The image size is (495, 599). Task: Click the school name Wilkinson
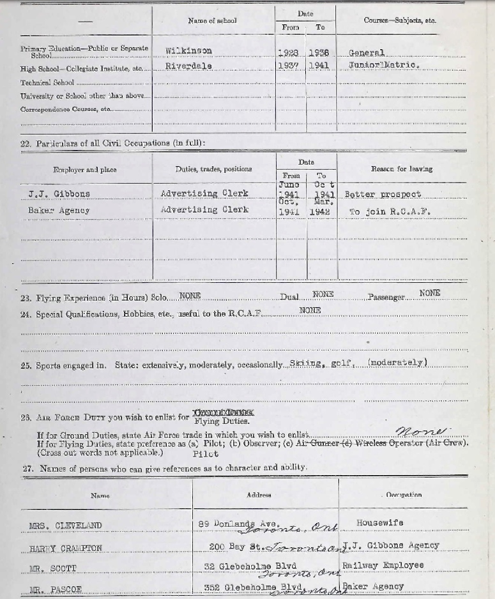188,51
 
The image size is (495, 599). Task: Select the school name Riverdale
188,66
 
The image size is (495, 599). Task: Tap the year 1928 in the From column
289,53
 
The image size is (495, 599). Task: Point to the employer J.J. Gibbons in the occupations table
59,193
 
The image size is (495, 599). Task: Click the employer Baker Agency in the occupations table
58,210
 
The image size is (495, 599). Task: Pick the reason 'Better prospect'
383,194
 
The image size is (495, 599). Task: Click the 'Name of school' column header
212,21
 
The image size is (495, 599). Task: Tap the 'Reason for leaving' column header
401,169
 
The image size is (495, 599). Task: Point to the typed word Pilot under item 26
205,454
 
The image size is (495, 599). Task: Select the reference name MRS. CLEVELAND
65,526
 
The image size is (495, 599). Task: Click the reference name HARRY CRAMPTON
65,548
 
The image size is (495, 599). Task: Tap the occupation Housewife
379,523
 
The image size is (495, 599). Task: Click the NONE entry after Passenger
430,293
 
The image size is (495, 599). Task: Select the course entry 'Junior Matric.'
384,65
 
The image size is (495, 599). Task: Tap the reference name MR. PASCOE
56,589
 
